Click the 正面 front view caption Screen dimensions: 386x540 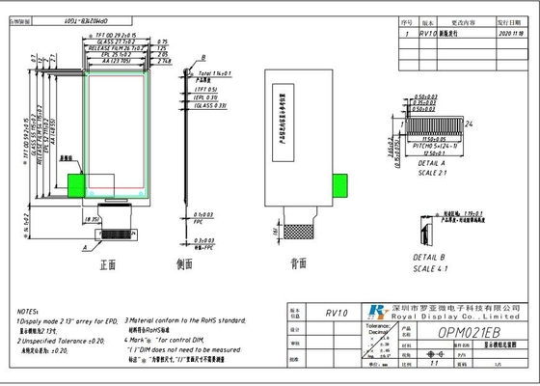click(106, 263)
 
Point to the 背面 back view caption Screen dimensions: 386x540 click(299, 263)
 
